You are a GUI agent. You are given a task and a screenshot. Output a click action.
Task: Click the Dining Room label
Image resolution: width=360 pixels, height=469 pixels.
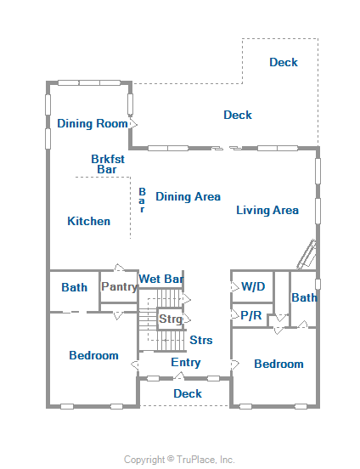pos(93,123)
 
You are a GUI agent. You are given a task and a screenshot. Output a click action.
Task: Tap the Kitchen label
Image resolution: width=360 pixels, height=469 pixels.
pos(89,222)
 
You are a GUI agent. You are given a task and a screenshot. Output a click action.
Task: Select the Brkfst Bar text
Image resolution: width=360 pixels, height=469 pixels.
pos(108,164)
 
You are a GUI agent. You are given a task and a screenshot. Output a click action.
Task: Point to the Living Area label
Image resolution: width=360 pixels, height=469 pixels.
pos(267,210)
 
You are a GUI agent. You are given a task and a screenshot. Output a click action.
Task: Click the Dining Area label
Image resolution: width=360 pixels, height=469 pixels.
pos(188,197)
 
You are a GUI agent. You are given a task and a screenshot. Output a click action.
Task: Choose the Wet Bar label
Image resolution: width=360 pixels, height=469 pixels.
pos(160,279)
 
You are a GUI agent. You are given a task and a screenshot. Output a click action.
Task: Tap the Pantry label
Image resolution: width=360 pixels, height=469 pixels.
pos(120,287)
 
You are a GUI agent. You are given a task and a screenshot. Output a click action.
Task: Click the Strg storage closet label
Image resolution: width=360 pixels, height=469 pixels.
pos(171,319)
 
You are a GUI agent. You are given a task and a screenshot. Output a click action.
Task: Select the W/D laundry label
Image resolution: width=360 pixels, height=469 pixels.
pos(253,286)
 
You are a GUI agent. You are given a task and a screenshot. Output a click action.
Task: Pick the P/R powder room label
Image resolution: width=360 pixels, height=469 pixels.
pos(251,315)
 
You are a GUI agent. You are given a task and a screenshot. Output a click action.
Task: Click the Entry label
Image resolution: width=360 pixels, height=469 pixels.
pos(186,363)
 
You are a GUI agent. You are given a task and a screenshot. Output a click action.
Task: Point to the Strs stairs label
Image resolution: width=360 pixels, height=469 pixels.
pos(201,340)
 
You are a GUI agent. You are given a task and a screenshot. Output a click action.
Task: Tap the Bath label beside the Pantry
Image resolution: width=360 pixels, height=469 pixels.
pos(75,287)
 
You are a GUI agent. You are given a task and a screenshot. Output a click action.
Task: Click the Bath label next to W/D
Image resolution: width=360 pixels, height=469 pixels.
pos(304,297)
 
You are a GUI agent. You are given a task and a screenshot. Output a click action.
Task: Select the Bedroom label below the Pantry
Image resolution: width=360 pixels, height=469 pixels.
pos(93,356)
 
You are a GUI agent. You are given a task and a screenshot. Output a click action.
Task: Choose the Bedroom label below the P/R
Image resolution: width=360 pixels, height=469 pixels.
pos(278,364)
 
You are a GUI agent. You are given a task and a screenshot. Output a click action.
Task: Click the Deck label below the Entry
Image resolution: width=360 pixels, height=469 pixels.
pos(188,393)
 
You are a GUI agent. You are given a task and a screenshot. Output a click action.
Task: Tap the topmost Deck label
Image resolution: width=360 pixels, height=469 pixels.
pos(284,62)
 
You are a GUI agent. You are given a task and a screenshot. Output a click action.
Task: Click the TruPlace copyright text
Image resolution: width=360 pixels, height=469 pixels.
pos(179,460)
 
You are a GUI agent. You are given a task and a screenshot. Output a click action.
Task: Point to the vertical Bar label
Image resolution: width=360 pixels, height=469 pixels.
pos(143,201)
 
